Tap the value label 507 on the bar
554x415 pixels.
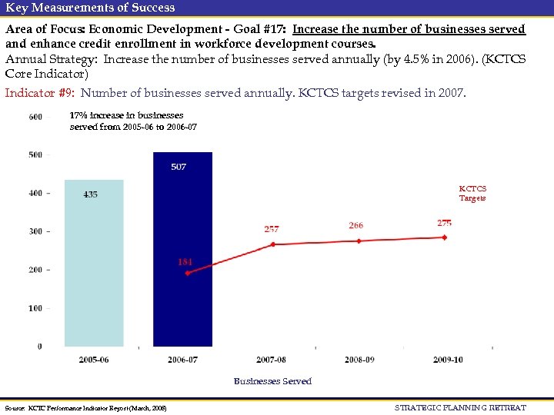click(179, 167)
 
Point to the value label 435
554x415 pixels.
click(91, 194)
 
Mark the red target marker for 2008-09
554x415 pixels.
click(358, 241)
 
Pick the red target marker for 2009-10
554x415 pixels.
click(444, 237)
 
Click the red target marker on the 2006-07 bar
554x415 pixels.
click(187, 273)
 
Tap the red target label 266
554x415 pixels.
click(355, 225)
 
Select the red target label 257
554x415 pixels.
click(272, 229)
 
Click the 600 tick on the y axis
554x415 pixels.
click(35, 117)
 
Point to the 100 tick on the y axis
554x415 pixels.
click(35, 308)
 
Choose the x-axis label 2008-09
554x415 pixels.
click(360, 359)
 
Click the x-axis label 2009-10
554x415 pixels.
click(447, 359)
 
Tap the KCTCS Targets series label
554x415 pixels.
click(472, 193)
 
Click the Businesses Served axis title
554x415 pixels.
click(272, 381)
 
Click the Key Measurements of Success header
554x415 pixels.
click(90, 8)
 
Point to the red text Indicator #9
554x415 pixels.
click(39, 93)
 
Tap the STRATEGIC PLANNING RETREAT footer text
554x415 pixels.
click(460, 407)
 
